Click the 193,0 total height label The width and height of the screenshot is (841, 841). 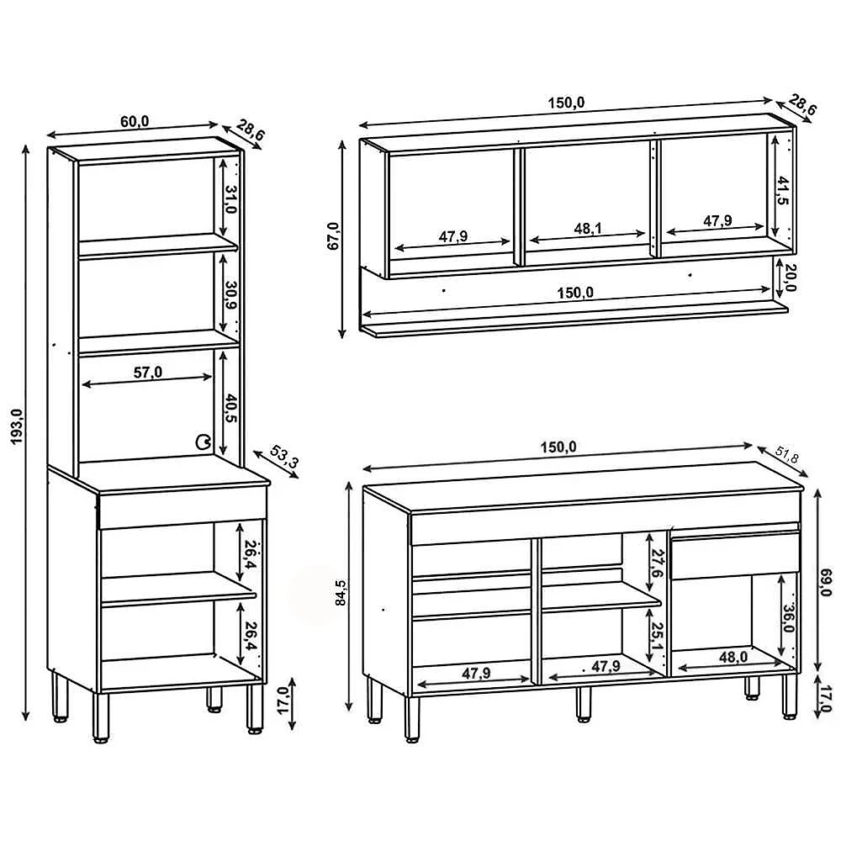point(18,426)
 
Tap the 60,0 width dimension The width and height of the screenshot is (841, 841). point(134,122)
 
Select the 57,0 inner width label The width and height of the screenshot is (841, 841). point(147,372)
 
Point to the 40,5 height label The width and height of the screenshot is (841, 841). point(230,409)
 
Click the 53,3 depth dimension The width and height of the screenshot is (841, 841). point(283,457)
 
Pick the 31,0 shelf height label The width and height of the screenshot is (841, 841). point(230,199)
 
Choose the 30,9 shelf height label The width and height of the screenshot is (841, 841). point(230,295)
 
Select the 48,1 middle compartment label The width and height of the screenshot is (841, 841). point(588,229)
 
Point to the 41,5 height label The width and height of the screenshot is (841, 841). point(782,190)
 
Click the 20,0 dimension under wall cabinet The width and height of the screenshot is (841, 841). point(790,278)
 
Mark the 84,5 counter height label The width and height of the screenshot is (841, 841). point(341,593)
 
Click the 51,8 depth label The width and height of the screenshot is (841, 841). point(787,455)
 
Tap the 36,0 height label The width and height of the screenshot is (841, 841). point(788,618)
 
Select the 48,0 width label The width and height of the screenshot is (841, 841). point(733,658)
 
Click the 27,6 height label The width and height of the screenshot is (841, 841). point(659,563)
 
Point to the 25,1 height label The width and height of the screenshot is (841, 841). point(659,636)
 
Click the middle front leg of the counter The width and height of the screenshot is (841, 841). point(583,703)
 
